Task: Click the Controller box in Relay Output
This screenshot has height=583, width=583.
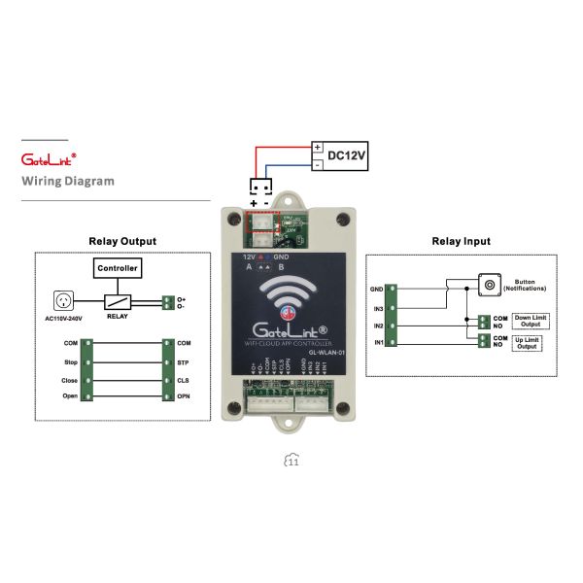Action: (x=119, y=267)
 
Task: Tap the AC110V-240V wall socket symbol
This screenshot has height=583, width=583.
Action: (x=66, y=301)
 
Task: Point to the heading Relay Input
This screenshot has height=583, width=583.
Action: (x=461, y=241)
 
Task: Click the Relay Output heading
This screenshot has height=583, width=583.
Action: (x=122, y=241)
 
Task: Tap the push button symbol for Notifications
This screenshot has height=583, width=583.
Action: (x=490, y=285)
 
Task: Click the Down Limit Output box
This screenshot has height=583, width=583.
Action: (x=530, y=321)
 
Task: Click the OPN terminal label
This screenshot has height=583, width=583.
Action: (x=183, y=396)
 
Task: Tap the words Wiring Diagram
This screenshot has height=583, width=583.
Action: (x=68, y=181)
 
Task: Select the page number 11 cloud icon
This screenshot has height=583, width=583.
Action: (x=291, y=462)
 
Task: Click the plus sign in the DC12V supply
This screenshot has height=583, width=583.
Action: (x=318, y=147)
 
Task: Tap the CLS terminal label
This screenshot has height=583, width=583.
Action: (x=183, y=379)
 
